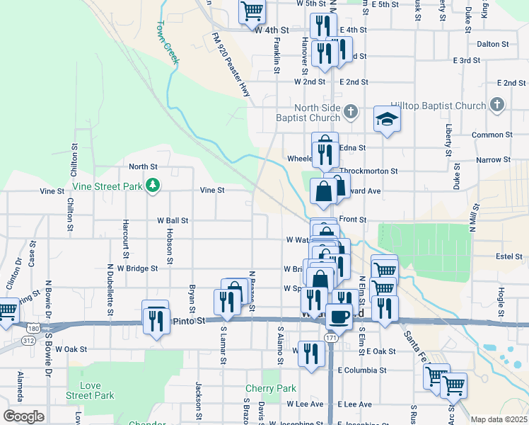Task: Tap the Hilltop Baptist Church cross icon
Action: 496,105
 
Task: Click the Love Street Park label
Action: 89,390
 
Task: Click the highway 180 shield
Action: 33,328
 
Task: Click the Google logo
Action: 23,416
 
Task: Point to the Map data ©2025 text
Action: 499,419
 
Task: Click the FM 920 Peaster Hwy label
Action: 231,64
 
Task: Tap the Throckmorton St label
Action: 368,171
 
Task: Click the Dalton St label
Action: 493,43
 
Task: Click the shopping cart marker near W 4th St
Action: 251,11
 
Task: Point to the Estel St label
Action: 488,256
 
